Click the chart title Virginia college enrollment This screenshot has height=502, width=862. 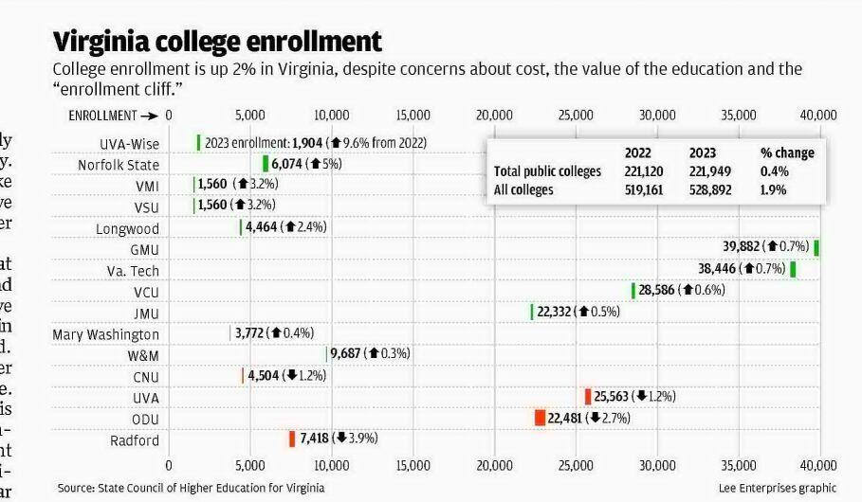click(x=217, y=42)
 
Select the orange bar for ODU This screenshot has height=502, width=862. click(x=540, y=418)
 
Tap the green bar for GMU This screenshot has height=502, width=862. click(x=816, y=247)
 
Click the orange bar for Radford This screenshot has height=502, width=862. click(x=292, y=439)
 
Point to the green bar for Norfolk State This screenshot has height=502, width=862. click(x=266, y=164)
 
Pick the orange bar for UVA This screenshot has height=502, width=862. click(x=588, y=397)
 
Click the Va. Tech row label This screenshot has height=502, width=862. click(x=133, y=271)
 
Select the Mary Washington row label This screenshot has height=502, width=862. click(x=105, y=334)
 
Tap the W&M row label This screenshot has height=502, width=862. click(x=143, y=355)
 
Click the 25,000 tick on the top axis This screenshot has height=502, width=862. click(x=576, y=116)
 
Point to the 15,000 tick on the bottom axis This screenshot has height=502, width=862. click(x=413, y=465)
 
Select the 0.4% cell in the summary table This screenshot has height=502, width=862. click(x=774, y=171)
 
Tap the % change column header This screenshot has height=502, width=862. click(x=787, y=152)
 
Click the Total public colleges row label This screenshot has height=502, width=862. click(x=547, y=171)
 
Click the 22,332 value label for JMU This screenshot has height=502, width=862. click(x=555, y=312)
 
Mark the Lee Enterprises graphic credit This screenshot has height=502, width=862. click(x=778, y=488)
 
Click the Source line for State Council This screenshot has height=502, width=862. click(x=191, y=488)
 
